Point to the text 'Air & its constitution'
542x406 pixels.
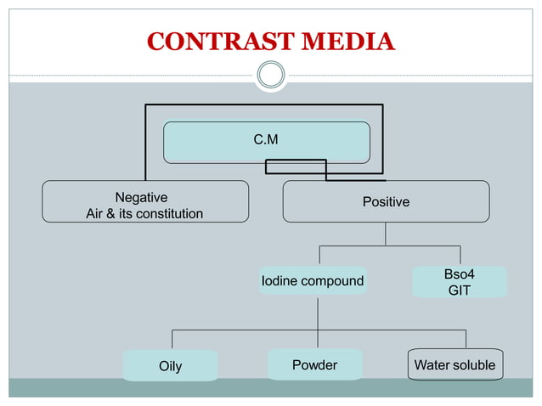pyautogui.click(x=144, y=213)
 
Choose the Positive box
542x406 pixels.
pyautogui.click(x=386, y=201)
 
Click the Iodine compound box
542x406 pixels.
pyautogui.click(x=313, y=280)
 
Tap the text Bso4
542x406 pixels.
pyautogui.click(x=460, y=274)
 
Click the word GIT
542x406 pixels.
pyautogui.click(x=460, y=290)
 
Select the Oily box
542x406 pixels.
pyautogui.click(x=170, y=366)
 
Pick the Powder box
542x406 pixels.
pyautogui.click(x=314, y=365)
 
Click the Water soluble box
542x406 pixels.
pyautogui.click(x=454, y=365)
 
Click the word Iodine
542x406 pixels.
pyautogui.click(x=281, y=280)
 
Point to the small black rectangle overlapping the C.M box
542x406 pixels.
pyautogui.click(x=296, y=166)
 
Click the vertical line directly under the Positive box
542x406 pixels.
pyautogui.click(x=386, y=234)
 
